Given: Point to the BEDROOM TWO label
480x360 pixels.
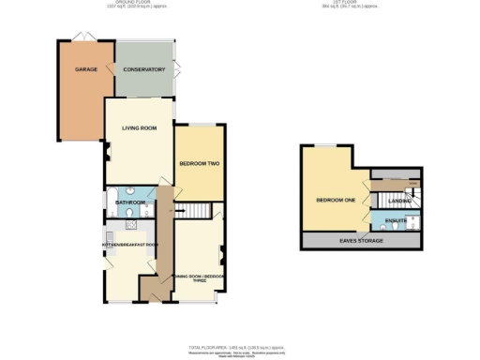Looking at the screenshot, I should (x=199, y=164).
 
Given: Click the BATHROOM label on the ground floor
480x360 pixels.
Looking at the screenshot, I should (x=130, y=202).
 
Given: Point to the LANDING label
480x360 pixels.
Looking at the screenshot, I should (x=399, y=201).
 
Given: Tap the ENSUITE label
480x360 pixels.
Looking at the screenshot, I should (x=395, y=222).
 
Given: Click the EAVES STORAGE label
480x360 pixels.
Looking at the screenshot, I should (x=359, y=241).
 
